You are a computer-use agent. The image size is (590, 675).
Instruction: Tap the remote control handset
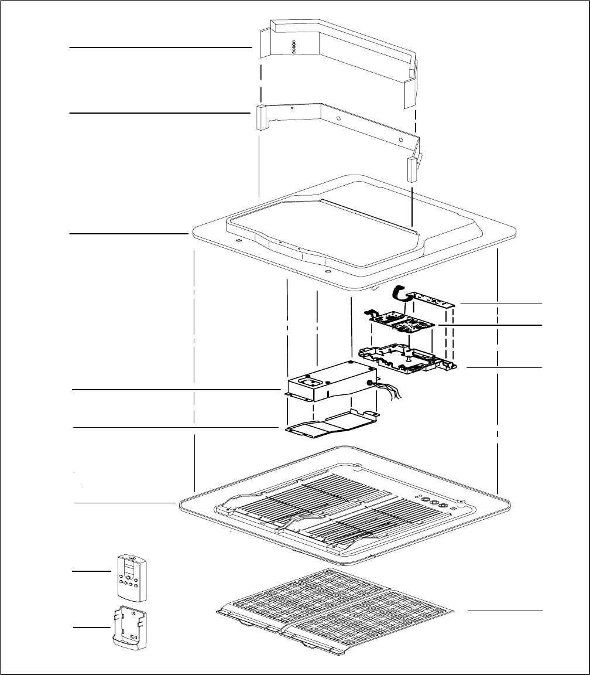(x=132, y=577)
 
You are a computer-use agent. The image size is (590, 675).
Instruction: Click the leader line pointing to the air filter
(x=505, y=611)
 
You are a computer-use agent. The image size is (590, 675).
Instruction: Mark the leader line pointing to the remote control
(x=91, y=570)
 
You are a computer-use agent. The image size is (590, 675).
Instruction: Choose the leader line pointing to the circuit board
(x=490, y=324)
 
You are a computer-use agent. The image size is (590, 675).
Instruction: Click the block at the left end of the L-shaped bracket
(x=260, y=117)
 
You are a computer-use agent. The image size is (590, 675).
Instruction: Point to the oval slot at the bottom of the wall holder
(x=134, y=640)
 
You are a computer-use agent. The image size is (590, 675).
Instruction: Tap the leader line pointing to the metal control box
(x=176, y=389)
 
